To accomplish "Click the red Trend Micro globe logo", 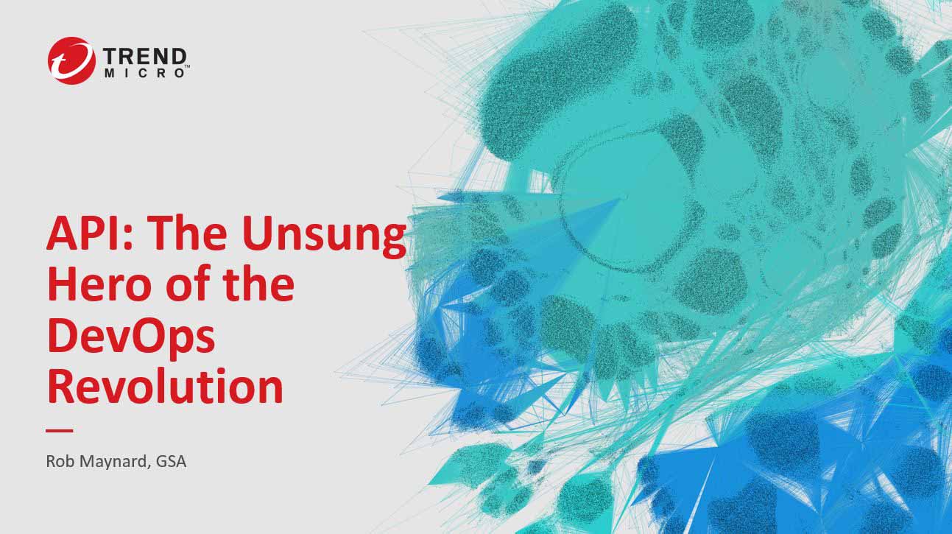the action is click(71, 60).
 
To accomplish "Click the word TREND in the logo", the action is click(145, 57).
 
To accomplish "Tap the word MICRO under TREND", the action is click(145, 73).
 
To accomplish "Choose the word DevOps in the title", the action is click(131, 337).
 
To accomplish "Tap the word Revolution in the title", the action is click(166, 386).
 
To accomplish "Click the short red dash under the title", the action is click(60, 430).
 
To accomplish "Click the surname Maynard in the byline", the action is click(115, 463).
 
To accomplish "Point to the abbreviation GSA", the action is click(172, 461).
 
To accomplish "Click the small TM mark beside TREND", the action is click(187, 66).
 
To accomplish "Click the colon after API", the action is click(133, 239).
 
